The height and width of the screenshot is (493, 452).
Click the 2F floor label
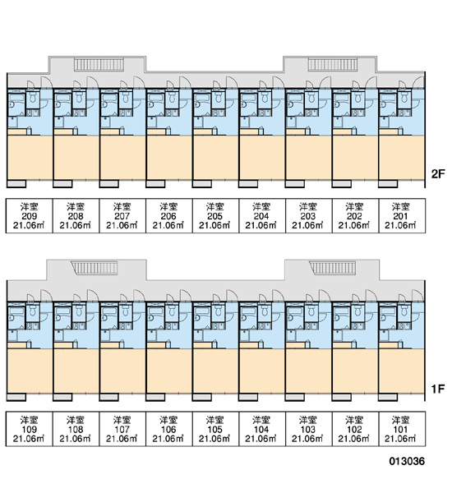point(438,174)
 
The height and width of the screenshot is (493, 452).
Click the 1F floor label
point(438,389)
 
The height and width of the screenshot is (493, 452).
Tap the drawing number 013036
point(407,461)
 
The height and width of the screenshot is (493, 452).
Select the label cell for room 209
point(30,215)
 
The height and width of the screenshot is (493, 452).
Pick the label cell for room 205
point(215,215)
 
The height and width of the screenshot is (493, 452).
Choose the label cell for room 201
point(402,215)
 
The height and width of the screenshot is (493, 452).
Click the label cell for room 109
point(30,429)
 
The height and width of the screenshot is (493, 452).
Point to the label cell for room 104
point(262,429)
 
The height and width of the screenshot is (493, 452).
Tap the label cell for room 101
point(402,429)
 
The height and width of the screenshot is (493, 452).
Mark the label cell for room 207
point(122,215)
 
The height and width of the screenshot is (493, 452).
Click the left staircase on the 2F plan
point(99,65)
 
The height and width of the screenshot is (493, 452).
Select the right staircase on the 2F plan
point(333,65)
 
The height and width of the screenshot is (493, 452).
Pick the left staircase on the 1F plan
point(95,268)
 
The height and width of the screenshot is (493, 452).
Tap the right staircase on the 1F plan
point(333,268)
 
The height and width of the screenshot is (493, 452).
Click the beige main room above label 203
point(308,158)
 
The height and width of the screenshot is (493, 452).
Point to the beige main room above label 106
point(169,371)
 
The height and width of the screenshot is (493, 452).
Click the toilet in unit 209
point(32,98)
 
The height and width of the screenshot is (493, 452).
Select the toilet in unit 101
point(404,311)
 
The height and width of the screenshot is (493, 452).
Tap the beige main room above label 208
point(76,158)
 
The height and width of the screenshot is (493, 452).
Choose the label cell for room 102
point(355,429)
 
